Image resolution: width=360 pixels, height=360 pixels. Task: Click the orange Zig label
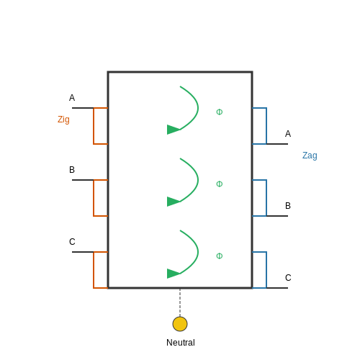63,120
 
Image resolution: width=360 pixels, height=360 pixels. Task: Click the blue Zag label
310,156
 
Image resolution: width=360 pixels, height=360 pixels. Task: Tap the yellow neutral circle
180,324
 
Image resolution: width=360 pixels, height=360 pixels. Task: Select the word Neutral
181,343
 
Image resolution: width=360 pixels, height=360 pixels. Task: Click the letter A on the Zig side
72,98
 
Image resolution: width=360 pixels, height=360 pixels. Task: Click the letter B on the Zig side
72,170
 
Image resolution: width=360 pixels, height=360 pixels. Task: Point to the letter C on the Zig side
72,242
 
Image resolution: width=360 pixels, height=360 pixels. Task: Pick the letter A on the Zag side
288,134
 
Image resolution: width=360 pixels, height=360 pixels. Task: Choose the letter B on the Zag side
288,206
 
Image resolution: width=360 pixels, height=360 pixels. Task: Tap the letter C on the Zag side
288,278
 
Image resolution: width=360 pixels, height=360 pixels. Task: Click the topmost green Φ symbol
220,112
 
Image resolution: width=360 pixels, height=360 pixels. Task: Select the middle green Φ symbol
220,184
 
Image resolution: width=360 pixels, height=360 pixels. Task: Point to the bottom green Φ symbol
220,256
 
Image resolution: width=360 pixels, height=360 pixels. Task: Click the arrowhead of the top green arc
173,130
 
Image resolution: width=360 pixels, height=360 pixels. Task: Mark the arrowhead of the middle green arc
173,202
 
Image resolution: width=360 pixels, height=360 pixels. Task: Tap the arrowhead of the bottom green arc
173,274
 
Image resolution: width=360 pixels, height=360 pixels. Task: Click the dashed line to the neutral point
180,302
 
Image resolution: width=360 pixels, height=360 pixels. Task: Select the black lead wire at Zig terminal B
83,180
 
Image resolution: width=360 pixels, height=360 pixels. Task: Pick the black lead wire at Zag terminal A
277,144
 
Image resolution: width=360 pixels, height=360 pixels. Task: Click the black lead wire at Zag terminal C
277,288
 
